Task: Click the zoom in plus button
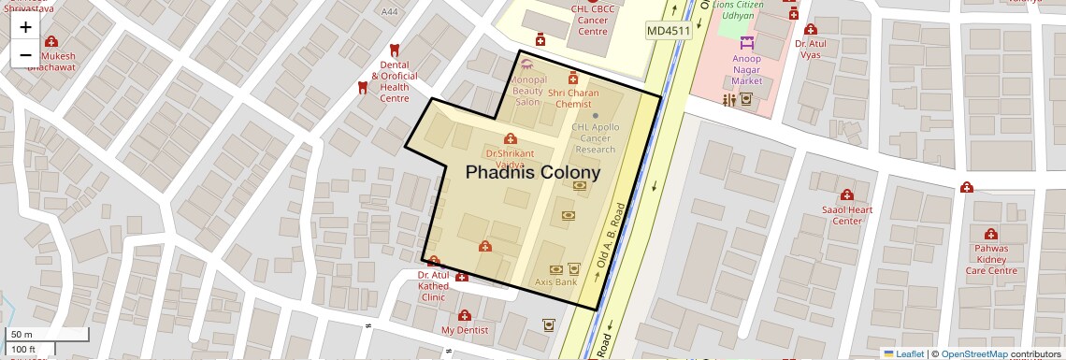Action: tap(25, 26)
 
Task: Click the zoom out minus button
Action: tap(25, 55)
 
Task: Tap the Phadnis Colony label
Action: tap(532, 173)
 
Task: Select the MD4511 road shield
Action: tap(668, 31)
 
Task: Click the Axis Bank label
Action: tap(555, 281)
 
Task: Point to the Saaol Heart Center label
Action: tap(846, 215)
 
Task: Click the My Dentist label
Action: tap(465, 330)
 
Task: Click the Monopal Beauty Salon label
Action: tap(527, 91)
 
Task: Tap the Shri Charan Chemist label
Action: tap(573, 98)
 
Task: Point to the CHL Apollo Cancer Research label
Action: tap(594, 137)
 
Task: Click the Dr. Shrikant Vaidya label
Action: tap(510, 158)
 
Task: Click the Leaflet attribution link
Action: tap(902, 353)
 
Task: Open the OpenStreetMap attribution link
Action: tap(973, 353)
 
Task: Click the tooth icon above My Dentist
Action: tap(465, 315)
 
